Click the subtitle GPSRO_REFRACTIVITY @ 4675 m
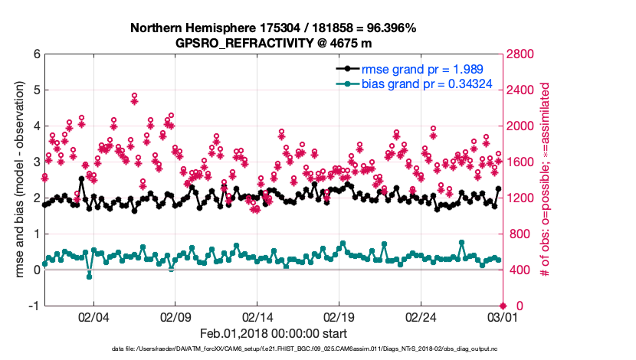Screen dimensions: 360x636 (273, 43)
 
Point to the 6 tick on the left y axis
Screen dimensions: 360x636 (36, 54)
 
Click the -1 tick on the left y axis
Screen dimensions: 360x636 (34, 306)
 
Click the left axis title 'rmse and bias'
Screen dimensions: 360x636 (20, 180)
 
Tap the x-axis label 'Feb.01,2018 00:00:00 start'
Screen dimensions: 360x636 (273, 334)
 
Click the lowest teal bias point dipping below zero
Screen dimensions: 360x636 (89, 276)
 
